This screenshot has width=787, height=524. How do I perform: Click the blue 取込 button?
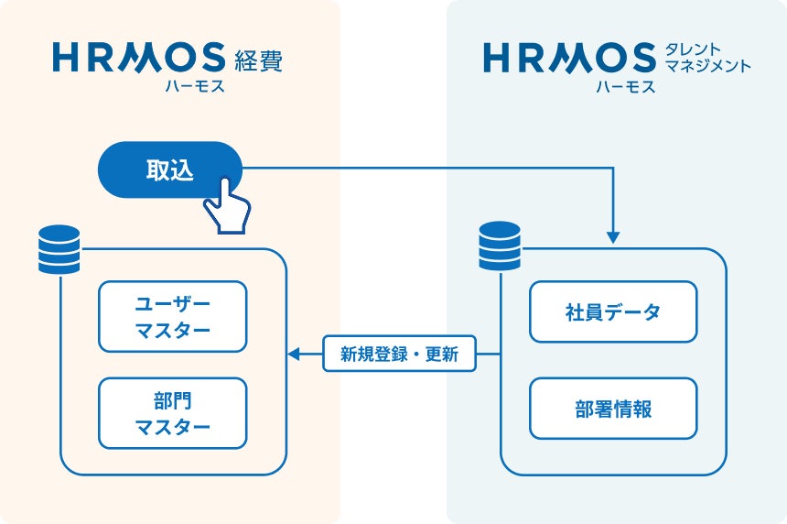169,169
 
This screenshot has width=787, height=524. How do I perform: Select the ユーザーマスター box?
173,317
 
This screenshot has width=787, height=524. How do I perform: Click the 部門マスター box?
173,413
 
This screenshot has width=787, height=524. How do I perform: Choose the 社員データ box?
613,311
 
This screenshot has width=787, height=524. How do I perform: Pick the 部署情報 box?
613,409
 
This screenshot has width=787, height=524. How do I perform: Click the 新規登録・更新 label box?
399,354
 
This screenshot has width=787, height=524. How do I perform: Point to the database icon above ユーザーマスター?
59,249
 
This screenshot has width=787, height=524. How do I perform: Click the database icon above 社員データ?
500,246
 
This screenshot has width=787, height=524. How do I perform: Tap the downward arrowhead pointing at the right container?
613,236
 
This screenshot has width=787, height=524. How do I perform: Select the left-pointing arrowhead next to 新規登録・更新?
294,354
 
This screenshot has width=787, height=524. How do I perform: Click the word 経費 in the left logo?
258,60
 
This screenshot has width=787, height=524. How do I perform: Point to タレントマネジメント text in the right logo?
707,58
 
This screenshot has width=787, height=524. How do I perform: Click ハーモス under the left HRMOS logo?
195,86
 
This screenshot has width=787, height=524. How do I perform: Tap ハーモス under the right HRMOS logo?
625,86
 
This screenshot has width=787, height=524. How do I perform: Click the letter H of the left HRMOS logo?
67,57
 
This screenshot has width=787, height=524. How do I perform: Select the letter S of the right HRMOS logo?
641,57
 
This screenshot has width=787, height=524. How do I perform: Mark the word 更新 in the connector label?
442,355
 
